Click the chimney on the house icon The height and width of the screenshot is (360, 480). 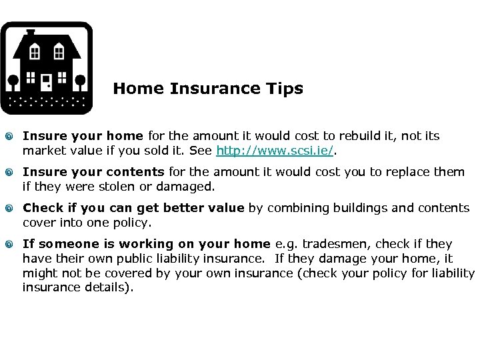30,33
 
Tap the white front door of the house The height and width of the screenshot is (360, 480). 46,82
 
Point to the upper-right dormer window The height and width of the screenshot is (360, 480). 58,51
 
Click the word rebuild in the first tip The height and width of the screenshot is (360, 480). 367,136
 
